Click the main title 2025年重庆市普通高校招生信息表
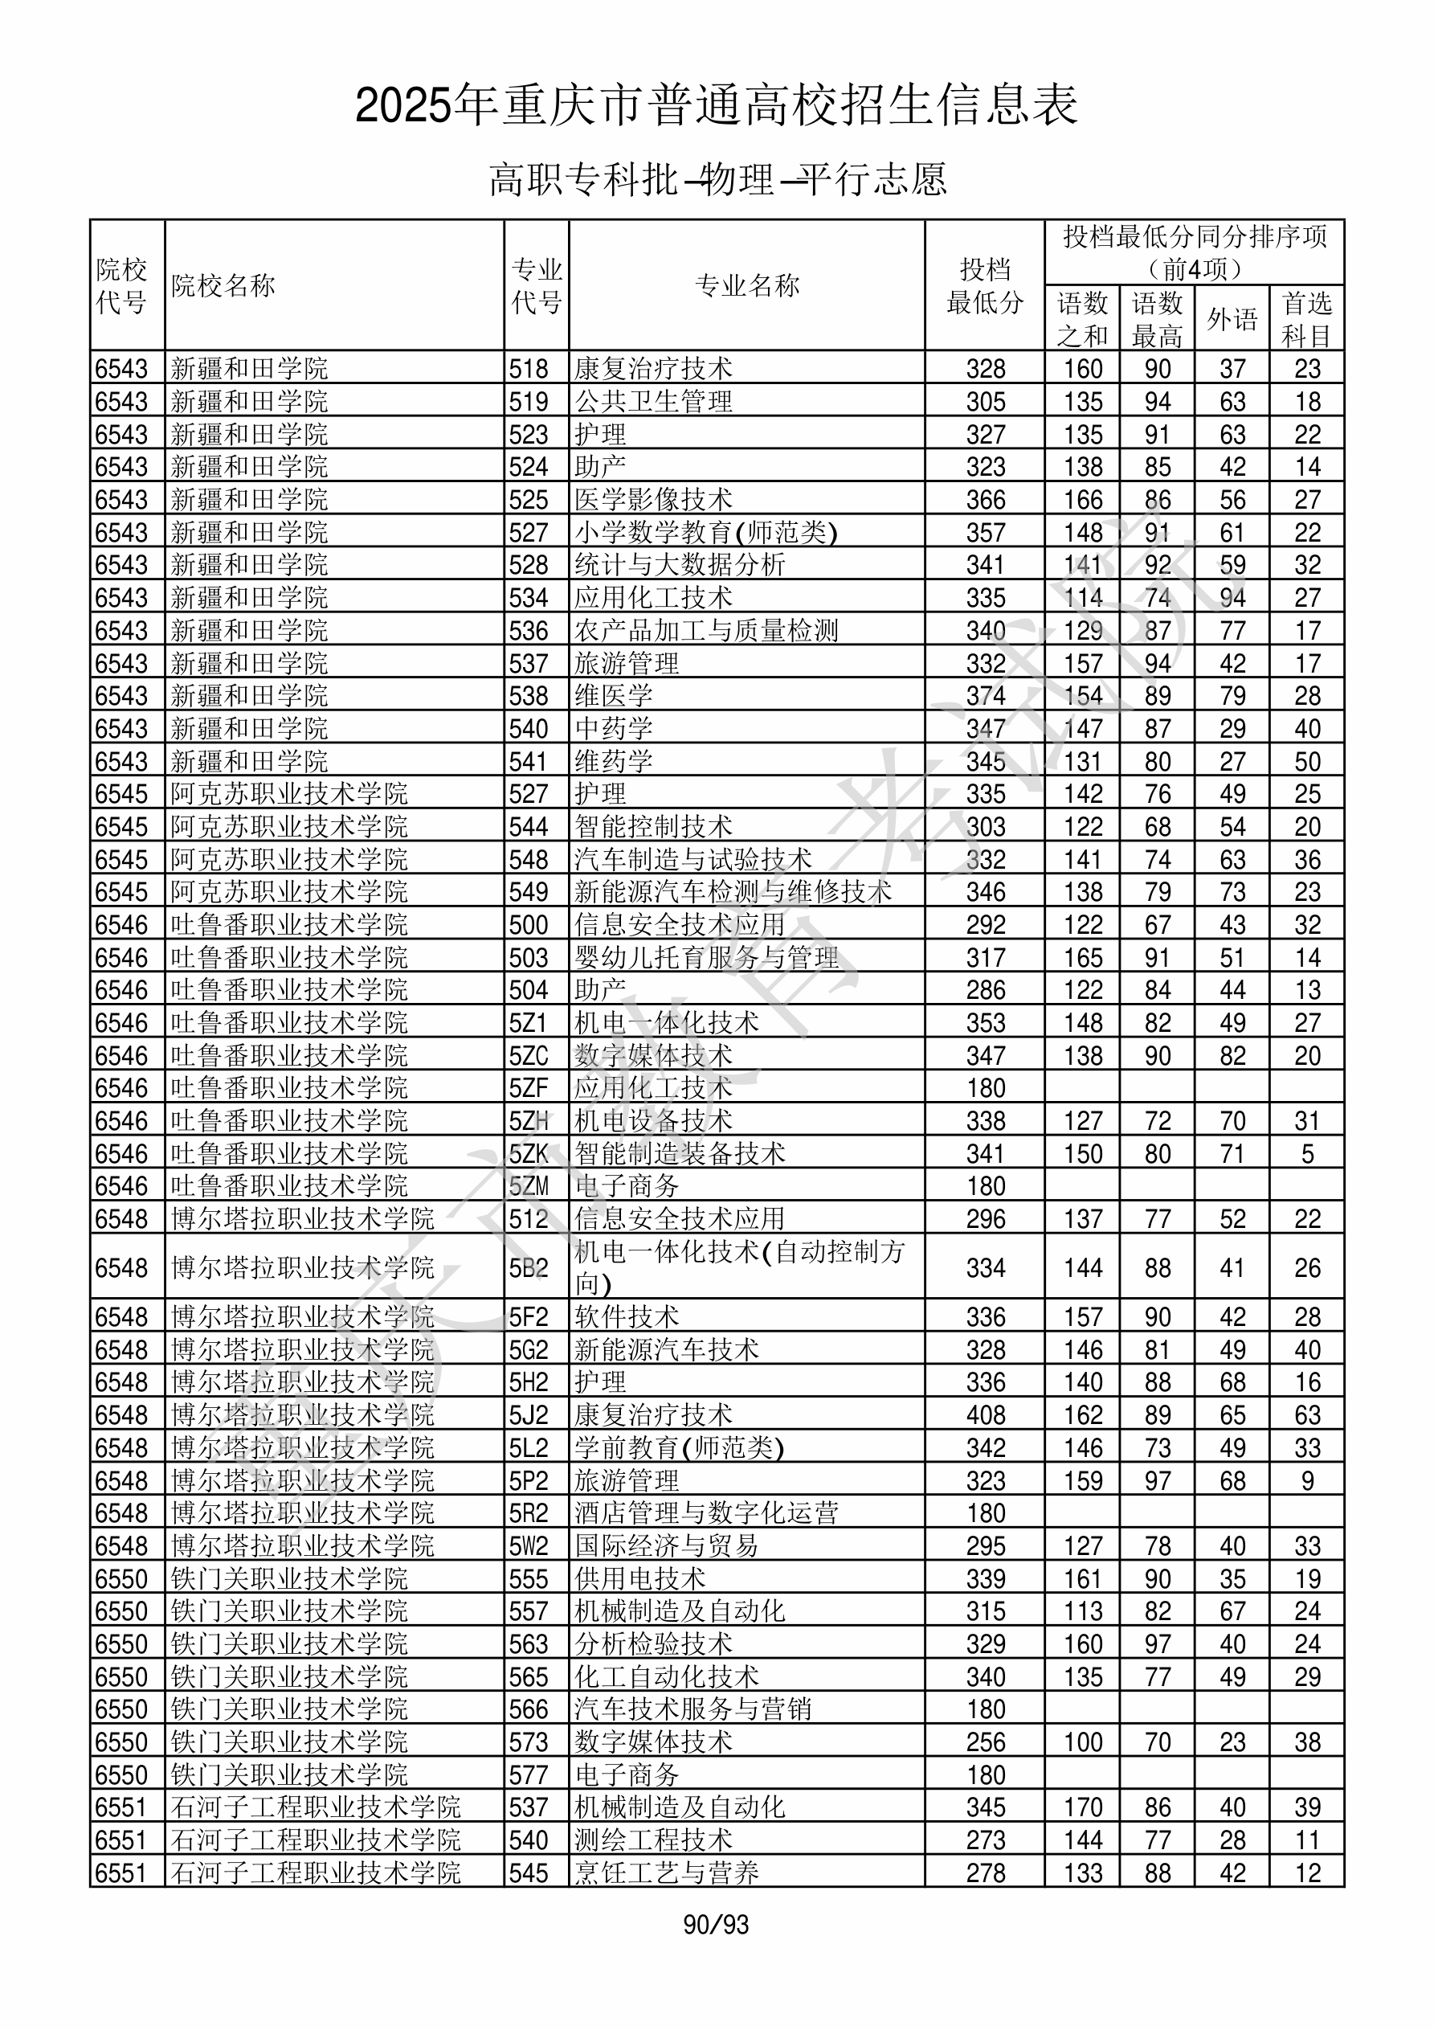[716, 106]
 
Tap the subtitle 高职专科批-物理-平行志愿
[717, 179]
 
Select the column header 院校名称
[223, 285]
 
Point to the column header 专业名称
[747, 285]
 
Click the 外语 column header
[1232, 319]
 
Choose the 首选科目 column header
[1307, 319]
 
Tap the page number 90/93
[716, 1924]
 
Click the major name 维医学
[614, 696]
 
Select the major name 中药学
[614, 729]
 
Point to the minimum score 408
[986, 1414]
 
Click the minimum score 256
[986, 1741]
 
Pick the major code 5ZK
[529, 1153]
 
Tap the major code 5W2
[529, 1545]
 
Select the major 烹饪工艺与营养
[667, 1872]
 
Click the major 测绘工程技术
[653, 1840]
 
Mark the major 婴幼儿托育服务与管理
[706, 957]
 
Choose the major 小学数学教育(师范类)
[705, 532]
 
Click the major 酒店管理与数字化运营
[706, 1512]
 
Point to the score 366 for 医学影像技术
[986, 500]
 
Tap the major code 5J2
[529, 1414]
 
